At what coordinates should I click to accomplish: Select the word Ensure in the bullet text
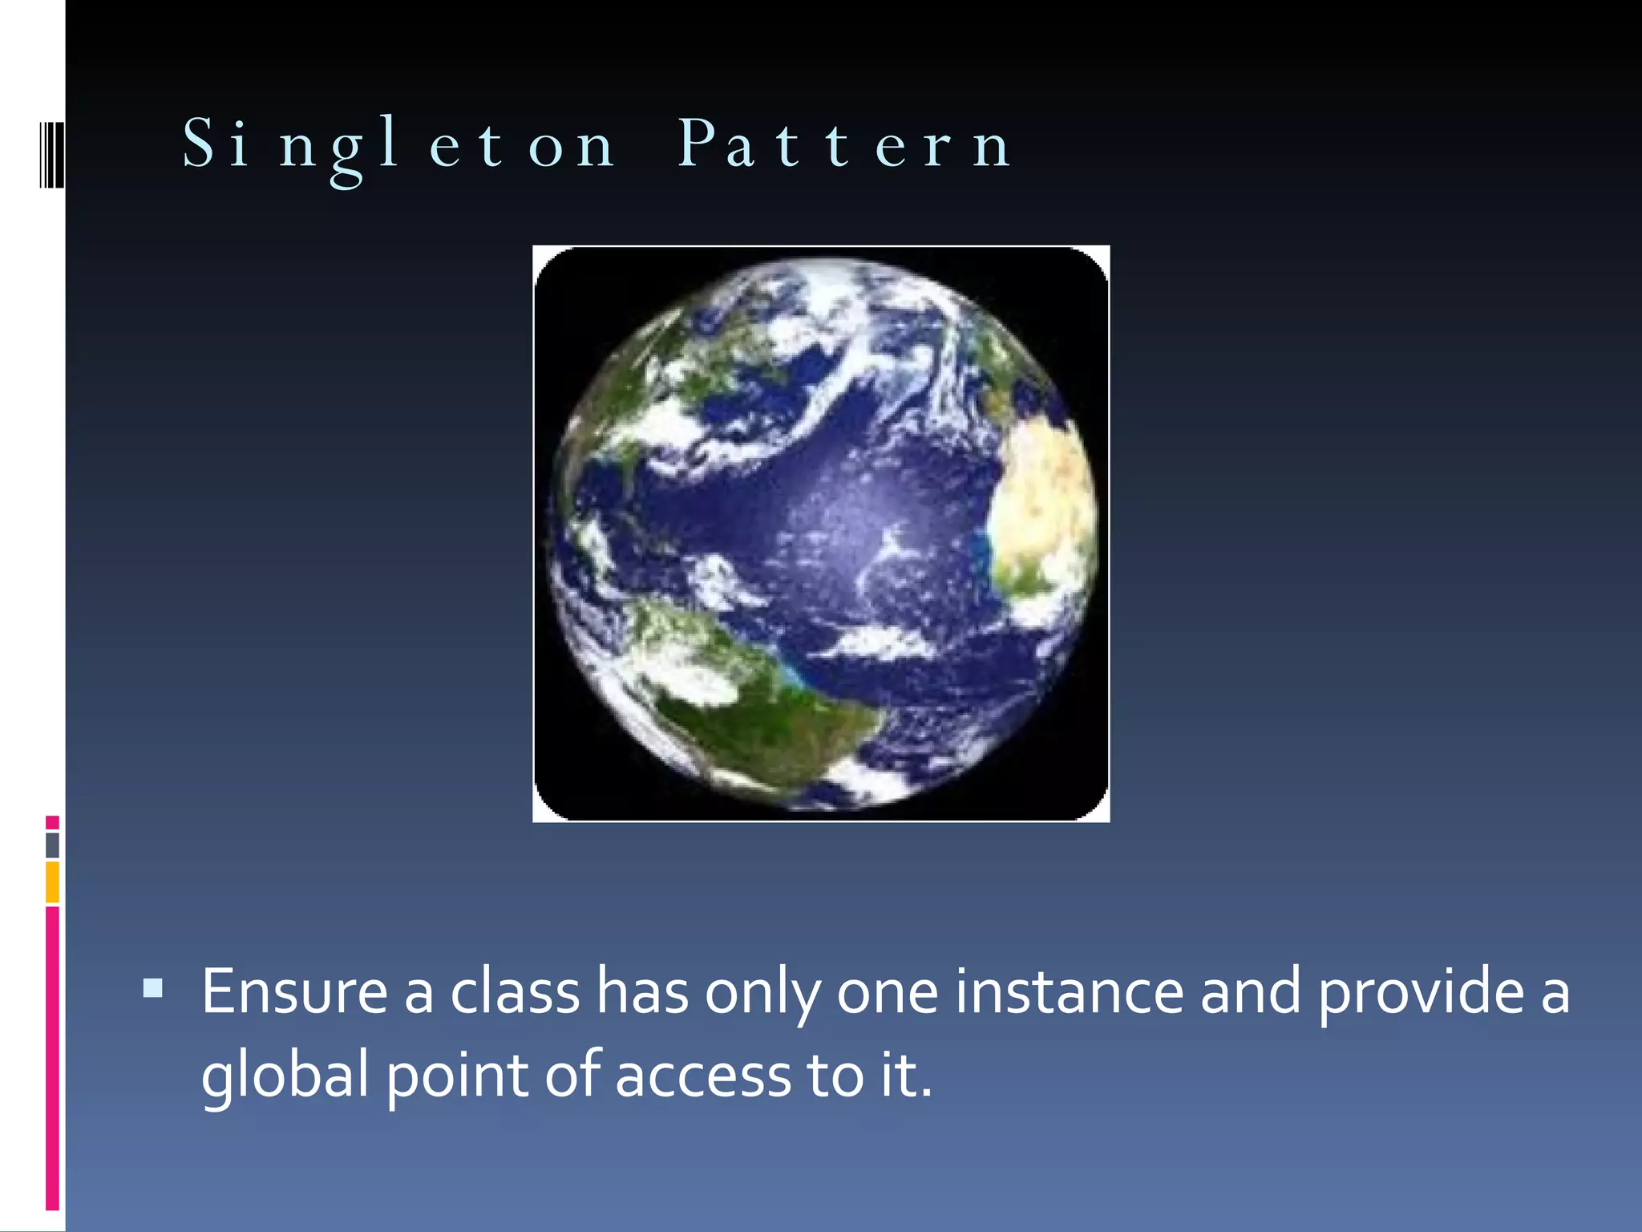[x=294, y=992]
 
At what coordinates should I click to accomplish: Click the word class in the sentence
[x=515, y=992]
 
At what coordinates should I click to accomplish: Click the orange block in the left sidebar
[x=52, y=882]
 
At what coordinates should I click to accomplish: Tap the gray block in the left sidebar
[x=52, y=845]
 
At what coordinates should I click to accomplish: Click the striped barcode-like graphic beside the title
[x=51, y=154]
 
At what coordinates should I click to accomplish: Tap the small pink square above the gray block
[x=52, y=822]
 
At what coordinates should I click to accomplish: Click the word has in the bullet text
[x=642, y=992]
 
